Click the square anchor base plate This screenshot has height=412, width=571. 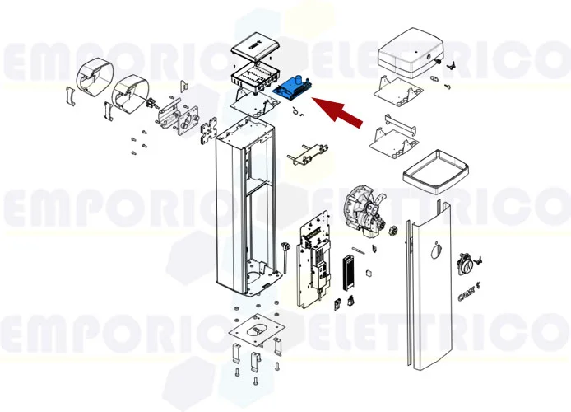[x=258, y=332]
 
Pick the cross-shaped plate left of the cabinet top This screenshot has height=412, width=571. [x=210, y=132]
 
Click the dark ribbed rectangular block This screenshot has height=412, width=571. [x=346, y=272]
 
